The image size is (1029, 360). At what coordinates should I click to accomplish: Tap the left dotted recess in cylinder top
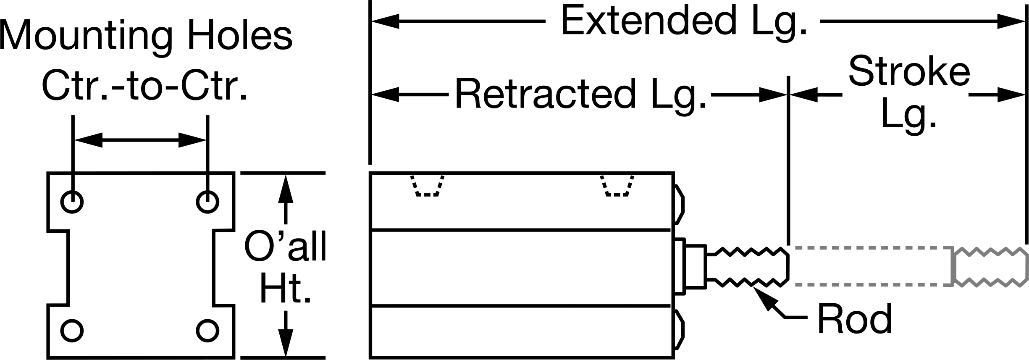428,185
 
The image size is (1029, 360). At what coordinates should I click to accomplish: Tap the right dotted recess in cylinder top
617,185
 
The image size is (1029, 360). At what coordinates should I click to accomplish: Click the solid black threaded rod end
748,267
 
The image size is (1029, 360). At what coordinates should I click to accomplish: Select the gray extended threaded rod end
990,267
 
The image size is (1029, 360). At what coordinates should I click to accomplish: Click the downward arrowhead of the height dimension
286,342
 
